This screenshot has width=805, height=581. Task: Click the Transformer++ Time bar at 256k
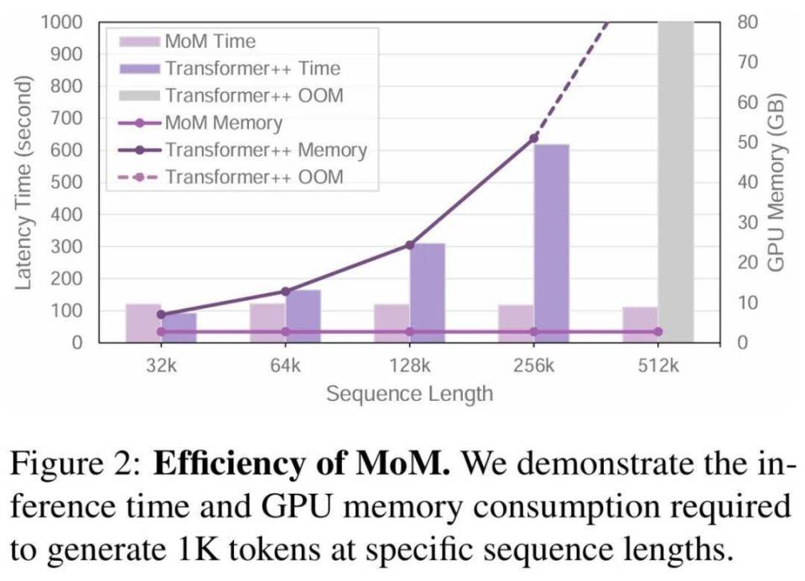(x=552, y=243)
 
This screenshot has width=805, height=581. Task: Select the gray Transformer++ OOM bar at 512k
(x=676, y=181)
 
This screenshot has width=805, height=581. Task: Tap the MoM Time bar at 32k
(x=143, y=323)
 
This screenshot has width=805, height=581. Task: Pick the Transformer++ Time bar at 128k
(x=428, y=293)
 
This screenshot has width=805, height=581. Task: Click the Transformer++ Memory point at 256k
(x=534, y=137)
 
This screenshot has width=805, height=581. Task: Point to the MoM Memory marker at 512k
(x=657, y=332)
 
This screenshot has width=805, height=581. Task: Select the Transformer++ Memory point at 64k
(x=285, y=291)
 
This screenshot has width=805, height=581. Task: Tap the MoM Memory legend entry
(x=222, y=123)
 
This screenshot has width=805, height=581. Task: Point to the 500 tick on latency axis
(x=68, y=182)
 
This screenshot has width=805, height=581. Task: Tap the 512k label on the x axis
(x=657, y=366)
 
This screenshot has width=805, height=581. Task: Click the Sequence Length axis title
(x=409, y=393)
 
